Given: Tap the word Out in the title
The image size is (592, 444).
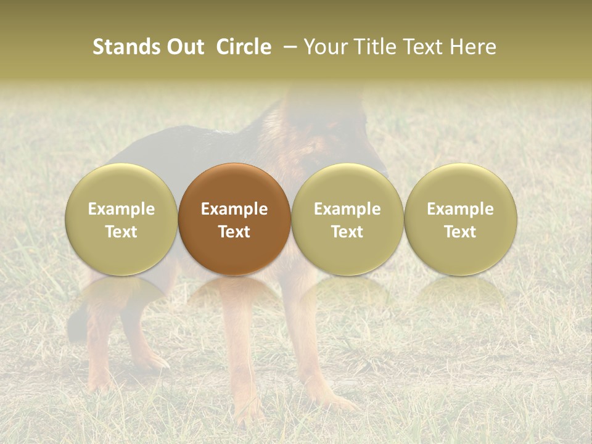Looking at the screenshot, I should pos(183,47).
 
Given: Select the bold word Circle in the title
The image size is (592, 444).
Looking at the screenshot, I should pos(244,47).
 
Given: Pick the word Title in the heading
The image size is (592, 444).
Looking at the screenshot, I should pos(374,47).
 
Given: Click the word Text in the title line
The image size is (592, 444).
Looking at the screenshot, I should pos(423,47).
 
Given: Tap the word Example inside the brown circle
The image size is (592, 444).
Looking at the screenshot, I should pos(234,209).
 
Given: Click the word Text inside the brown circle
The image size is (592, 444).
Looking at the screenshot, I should pos(234,232).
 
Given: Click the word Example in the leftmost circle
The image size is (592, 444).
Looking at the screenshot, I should pos(121,209).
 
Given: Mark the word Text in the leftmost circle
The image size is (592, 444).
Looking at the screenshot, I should pos(121,232).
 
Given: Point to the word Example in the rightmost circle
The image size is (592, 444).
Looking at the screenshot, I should pos(461,209).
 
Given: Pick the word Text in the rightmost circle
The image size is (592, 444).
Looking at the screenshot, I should pos(461,232).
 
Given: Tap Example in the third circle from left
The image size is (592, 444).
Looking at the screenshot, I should pos(347,209).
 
